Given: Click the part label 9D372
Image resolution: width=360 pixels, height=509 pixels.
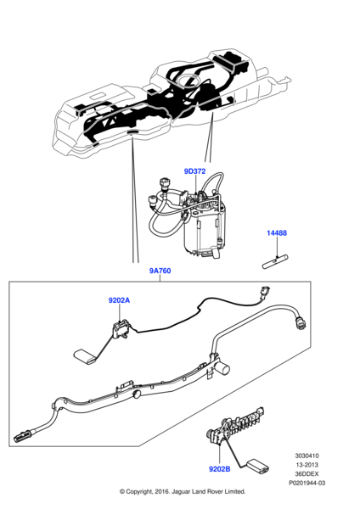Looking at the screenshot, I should click(x=194, y=171).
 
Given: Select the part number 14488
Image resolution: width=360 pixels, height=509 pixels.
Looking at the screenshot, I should click(x=277, y=232).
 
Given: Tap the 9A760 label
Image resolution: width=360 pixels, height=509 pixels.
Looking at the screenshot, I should click(x=160, y=271).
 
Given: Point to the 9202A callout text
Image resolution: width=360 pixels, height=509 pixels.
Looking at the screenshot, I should click(x=120, y=300).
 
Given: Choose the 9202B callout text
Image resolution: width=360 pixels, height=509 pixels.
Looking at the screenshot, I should click(x=220, y=467).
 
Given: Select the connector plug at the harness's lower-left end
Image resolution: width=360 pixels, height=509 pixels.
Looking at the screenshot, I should click(x=24, y=438).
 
